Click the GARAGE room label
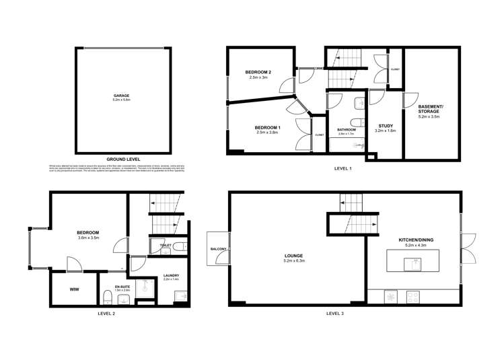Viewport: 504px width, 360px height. pos(121,96)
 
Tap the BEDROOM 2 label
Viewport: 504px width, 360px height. pos(258,72)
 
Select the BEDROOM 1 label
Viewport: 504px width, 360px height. pos(267,127)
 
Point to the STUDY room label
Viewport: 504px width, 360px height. pos(386,125)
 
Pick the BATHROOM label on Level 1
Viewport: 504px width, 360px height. pos(347,130)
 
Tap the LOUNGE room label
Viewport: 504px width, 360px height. pos(293,256)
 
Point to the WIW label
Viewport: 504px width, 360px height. pos(74,289)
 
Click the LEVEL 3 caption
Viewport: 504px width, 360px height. pos(335,313)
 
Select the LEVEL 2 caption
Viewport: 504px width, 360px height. pos(107,313)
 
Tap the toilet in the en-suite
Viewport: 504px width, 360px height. pos(108,297)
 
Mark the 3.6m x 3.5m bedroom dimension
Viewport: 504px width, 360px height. pos(88,238)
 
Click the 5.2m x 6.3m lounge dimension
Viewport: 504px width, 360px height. pos(293,262)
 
